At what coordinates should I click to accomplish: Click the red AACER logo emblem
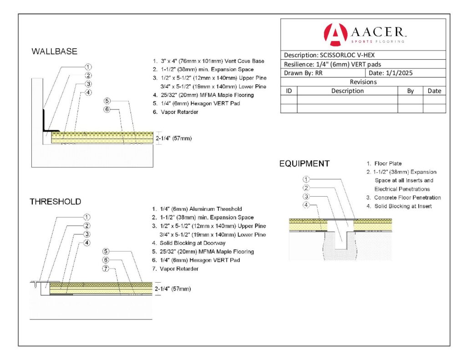point(335,35)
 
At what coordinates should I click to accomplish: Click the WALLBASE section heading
point(55,51)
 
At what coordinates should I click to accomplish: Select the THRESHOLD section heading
point(55,202)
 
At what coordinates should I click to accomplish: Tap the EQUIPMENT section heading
point(304,164)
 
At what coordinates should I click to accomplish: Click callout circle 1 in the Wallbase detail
point(88,67)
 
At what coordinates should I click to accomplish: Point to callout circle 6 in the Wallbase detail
point(107,109)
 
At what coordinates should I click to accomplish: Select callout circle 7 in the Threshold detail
point(106,269)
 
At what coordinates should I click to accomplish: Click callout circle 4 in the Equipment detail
point(306,205)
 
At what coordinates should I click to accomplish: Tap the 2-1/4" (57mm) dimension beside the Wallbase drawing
point(174,138)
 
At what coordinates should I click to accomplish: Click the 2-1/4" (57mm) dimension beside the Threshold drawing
point(172,289)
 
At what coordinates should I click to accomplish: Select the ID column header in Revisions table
point(289,91)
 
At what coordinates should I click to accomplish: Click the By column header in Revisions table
point(410,91)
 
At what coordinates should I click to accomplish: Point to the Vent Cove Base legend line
point(208,61)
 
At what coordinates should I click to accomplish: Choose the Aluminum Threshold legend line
point(197,209)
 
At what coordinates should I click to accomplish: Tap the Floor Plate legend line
point(384,163)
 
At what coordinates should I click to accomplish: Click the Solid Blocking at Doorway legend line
point(189,243)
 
